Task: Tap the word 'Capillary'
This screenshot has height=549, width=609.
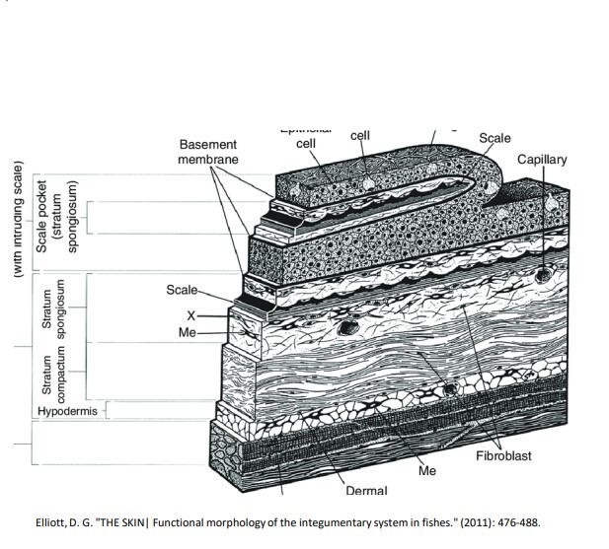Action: click(x=542, y=160)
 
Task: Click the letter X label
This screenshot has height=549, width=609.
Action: click(x=192, y=316)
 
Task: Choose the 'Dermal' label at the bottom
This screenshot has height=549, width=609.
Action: click(x=367, y=490)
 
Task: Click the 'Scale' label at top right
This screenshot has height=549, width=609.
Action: click(x=495, y=138)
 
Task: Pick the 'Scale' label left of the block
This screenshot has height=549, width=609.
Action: click(x=182, y=290)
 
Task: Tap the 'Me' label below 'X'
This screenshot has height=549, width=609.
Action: click(x=188, y=334)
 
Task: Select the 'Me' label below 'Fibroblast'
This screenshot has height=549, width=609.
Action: click(x=426, y=471)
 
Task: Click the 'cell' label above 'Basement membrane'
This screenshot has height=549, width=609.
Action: click(x=305, y=144)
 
